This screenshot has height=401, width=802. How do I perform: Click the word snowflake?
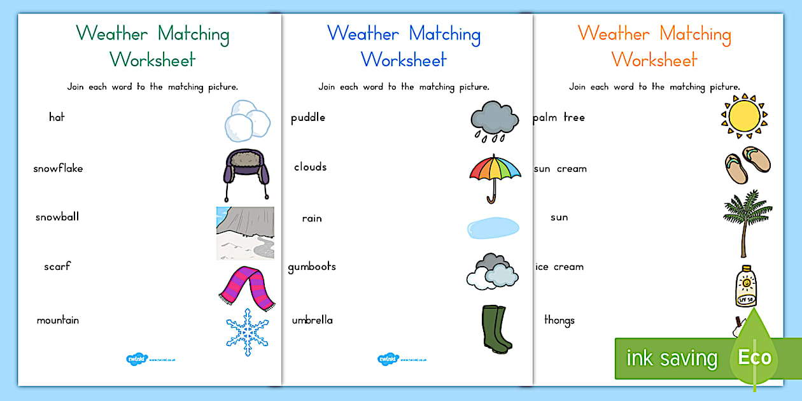click(x=58, y=169)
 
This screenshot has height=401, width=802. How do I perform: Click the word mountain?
click(x=58, y=320)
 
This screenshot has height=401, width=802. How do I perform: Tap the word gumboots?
click(x=312, y=267)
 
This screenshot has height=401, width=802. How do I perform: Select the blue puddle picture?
click(x=493, y=228)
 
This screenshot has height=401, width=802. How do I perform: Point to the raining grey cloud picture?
click(x=494, y=120)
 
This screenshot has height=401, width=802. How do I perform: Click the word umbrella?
click(x=312, y=320)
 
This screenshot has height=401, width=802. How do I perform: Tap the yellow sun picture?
click(x=744, y=116)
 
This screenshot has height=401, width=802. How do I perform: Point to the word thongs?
click(x=559, y=320)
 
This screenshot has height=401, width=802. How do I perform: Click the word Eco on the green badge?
click(x=755, y=357)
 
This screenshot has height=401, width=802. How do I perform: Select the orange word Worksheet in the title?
click(x=654, y=60)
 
